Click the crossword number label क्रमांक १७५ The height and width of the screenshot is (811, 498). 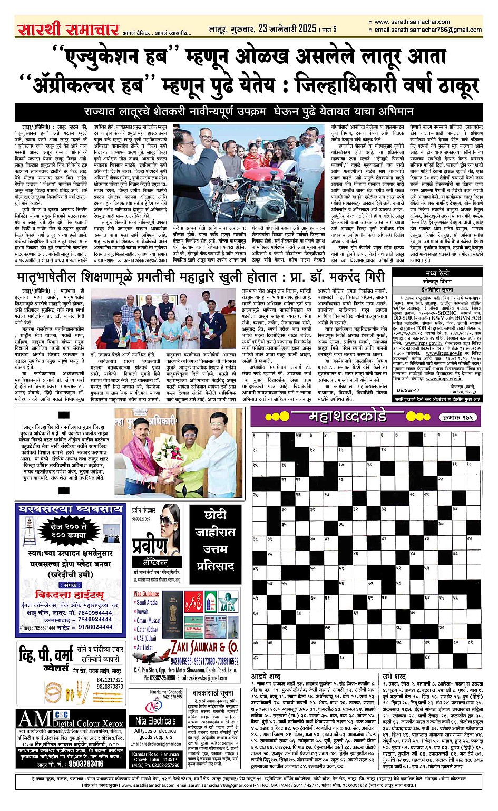click(x=457, y=417)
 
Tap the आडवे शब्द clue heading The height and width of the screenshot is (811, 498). click(x=266, y=677)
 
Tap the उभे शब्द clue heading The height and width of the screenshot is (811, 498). click(x=394, y=677)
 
